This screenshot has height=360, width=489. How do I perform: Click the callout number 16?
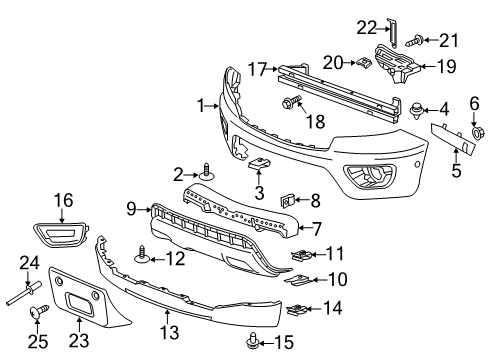[x=63, y=200]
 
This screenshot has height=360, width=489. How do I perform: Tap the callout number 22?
[x=395, y=27]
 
